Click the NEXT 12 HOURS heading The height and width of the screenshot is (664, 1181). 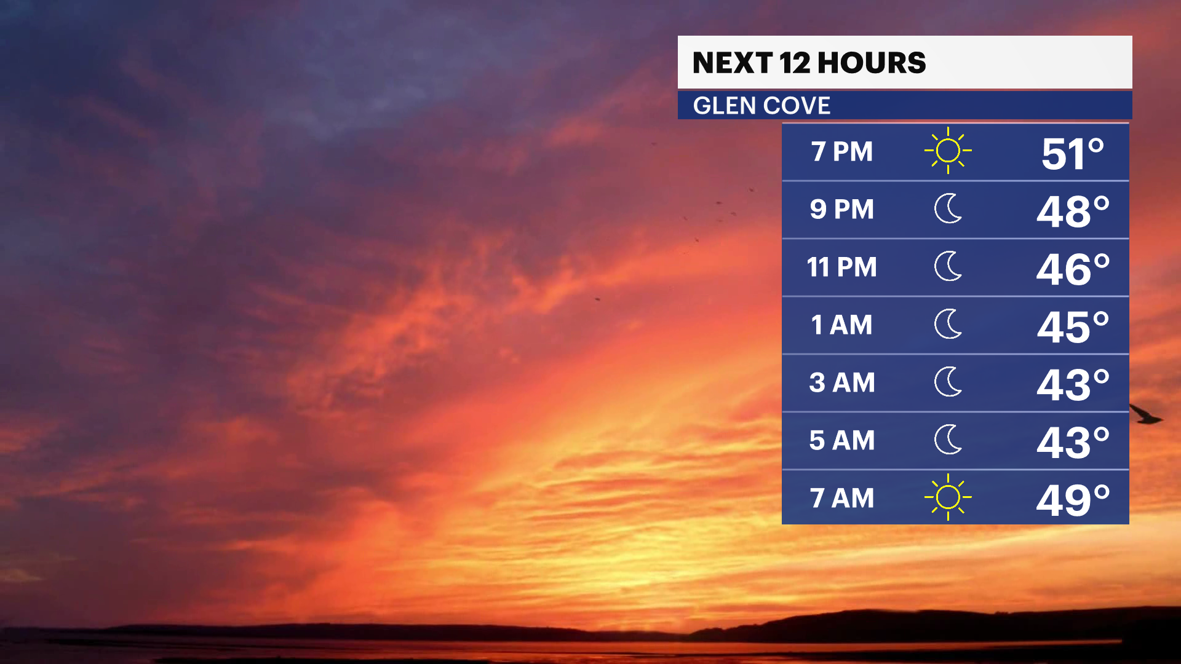point(809,63)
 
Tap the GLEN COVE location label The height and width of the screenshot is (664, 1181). point(761,106)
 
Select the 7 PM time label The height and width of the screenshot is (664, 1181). point(842,152)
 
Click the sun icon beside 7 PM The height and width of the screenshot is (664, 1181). point(948,151)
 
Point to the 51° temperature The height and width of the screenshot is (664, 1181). point(1073,154)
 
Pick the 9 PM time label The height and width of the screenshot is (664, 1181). point(842,210)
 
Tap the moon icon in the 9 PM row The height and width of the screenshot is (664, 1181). point(948,208)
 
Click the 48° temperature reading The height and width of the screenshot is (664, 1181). point(1073,211)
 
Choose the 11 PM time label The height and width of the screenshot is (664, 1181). point(842,267)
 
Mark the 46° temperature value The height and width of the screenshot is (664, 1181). point(1073,269)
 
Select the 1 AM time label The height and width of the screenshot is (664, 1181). point(842,325)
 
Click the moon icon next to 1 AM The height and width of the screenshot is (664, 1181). point(948,324)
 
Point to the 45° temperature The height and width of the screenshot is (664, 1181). point(1073,327)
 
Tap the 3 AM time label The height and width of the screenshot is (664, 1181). point(842,383)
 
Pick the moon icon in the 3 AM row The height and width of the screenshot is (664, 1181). point(948,382)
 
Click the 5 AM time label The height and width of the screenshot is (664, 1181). point(842,441)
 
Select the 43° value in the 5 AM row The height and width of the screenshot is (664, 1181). point(1073,443)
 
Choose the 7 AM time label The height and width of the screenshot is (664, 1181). point(842,499)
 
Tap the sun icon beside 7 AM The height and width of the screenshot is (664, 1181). point(948,497)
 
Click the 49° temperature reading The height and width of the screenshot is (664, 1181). point(1073,500)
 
